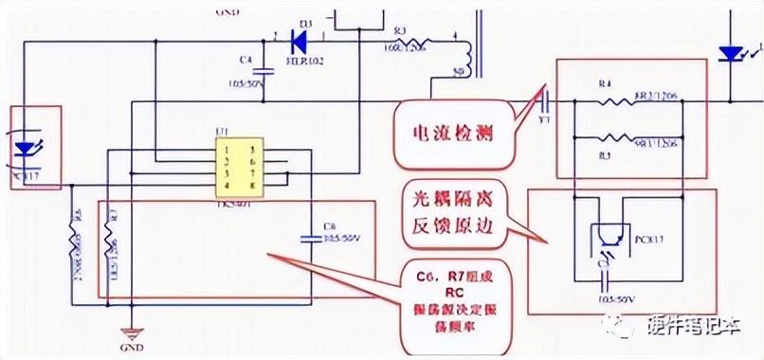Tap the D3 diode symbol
point(301,40)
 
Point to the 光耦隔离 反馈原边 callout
point(452,213)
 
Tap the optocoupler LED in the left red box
point(26,147)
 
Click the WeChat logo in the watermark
point(622,327)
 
